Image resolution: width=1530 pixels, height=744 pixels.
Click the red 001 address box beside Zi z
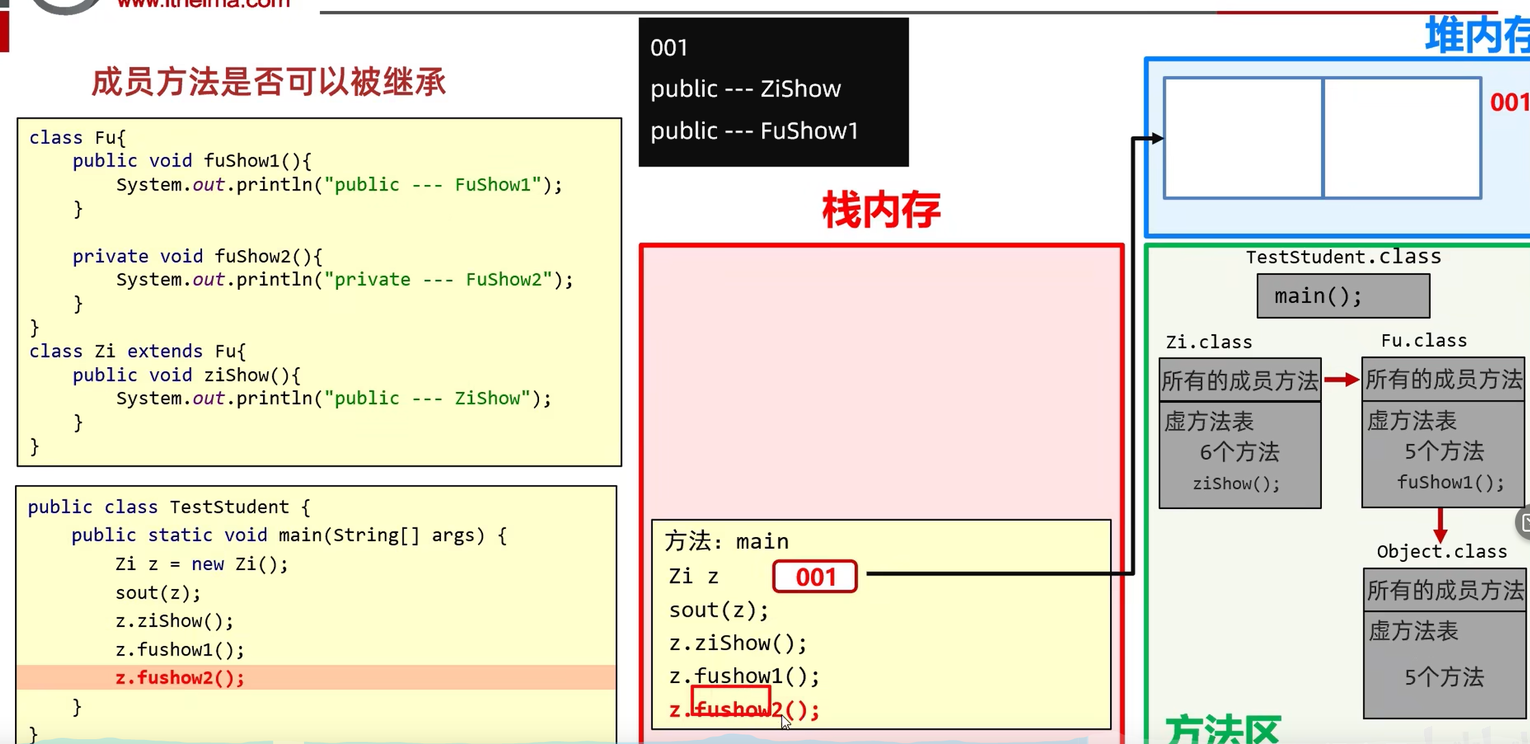click(x=814, y=576)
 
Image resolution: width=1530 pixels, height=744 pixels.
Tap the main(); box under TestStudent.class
click(x=1342, y=296)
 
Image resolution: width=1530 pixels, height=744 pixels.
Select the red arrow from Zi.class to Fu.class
click(x=1341, y=380)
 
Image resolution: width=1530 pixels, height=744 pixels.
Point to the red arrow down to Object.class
click(x=1440, y=525)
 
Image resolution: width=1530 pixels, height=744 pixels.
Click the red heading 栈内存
click(x=881, y=210)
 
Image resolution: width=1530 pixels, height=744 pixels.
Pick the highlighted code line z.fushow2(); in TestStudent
click(x=179, y=678)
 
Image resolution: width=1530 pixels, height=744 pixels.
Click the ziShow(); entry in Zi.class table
click(x=1236, y=484)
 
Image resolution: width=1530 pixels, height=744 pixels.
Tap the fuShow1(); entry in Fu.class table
click(x=1450, y=482)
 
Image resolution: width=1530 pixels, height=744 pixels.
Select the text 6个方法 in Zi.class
click(x=1239, y=452)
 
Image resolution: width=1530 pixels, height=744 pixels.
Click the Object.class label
click(x=1442, y=551)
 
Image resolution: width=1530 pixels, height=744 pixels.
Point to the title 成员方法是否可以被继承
click(x=268, y=82)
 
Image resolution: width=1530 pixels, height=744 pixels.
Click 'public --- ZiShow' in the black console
click(x=745, y=89)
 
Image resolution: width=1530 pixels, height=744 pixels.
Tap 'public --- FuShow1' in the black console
click(x=754, y=131)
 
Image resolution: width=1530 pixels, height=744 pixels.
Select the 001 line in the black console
click(x=668, y=48)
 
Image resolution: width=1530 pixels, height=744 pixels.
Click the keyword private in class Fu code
click(x=110, y=256)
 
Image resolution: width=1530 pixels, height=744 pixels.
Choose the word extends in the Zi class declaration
click(x=164, y=351)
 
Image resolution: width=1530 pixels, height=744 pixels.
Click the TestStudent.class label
click(x=1342, y=257)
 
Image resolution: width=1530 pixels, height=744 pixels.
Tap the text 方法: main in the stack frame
click(x=727, y=541)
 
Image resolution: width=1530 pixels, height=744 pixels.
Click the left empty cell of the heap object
click(x=1243, y=138)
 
